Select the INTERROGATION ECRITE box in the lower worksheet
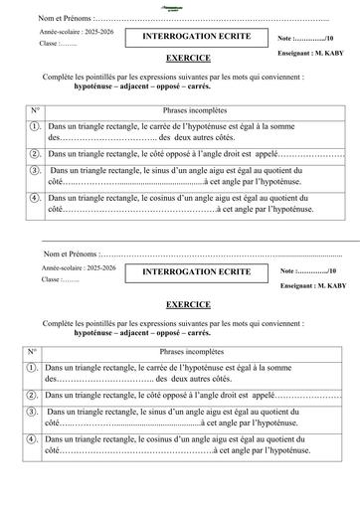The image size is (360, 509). (196, 270)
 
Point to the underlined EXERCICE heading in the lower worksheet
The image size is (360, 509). (188, 303)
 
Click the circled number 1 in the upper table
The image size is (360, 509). (35, 126)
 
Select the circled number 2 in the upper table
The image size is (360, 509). (35, 155)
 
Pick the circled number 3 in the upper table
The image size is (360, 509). (35, 172)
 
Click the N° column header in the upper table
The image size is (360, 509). (34, 109)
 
